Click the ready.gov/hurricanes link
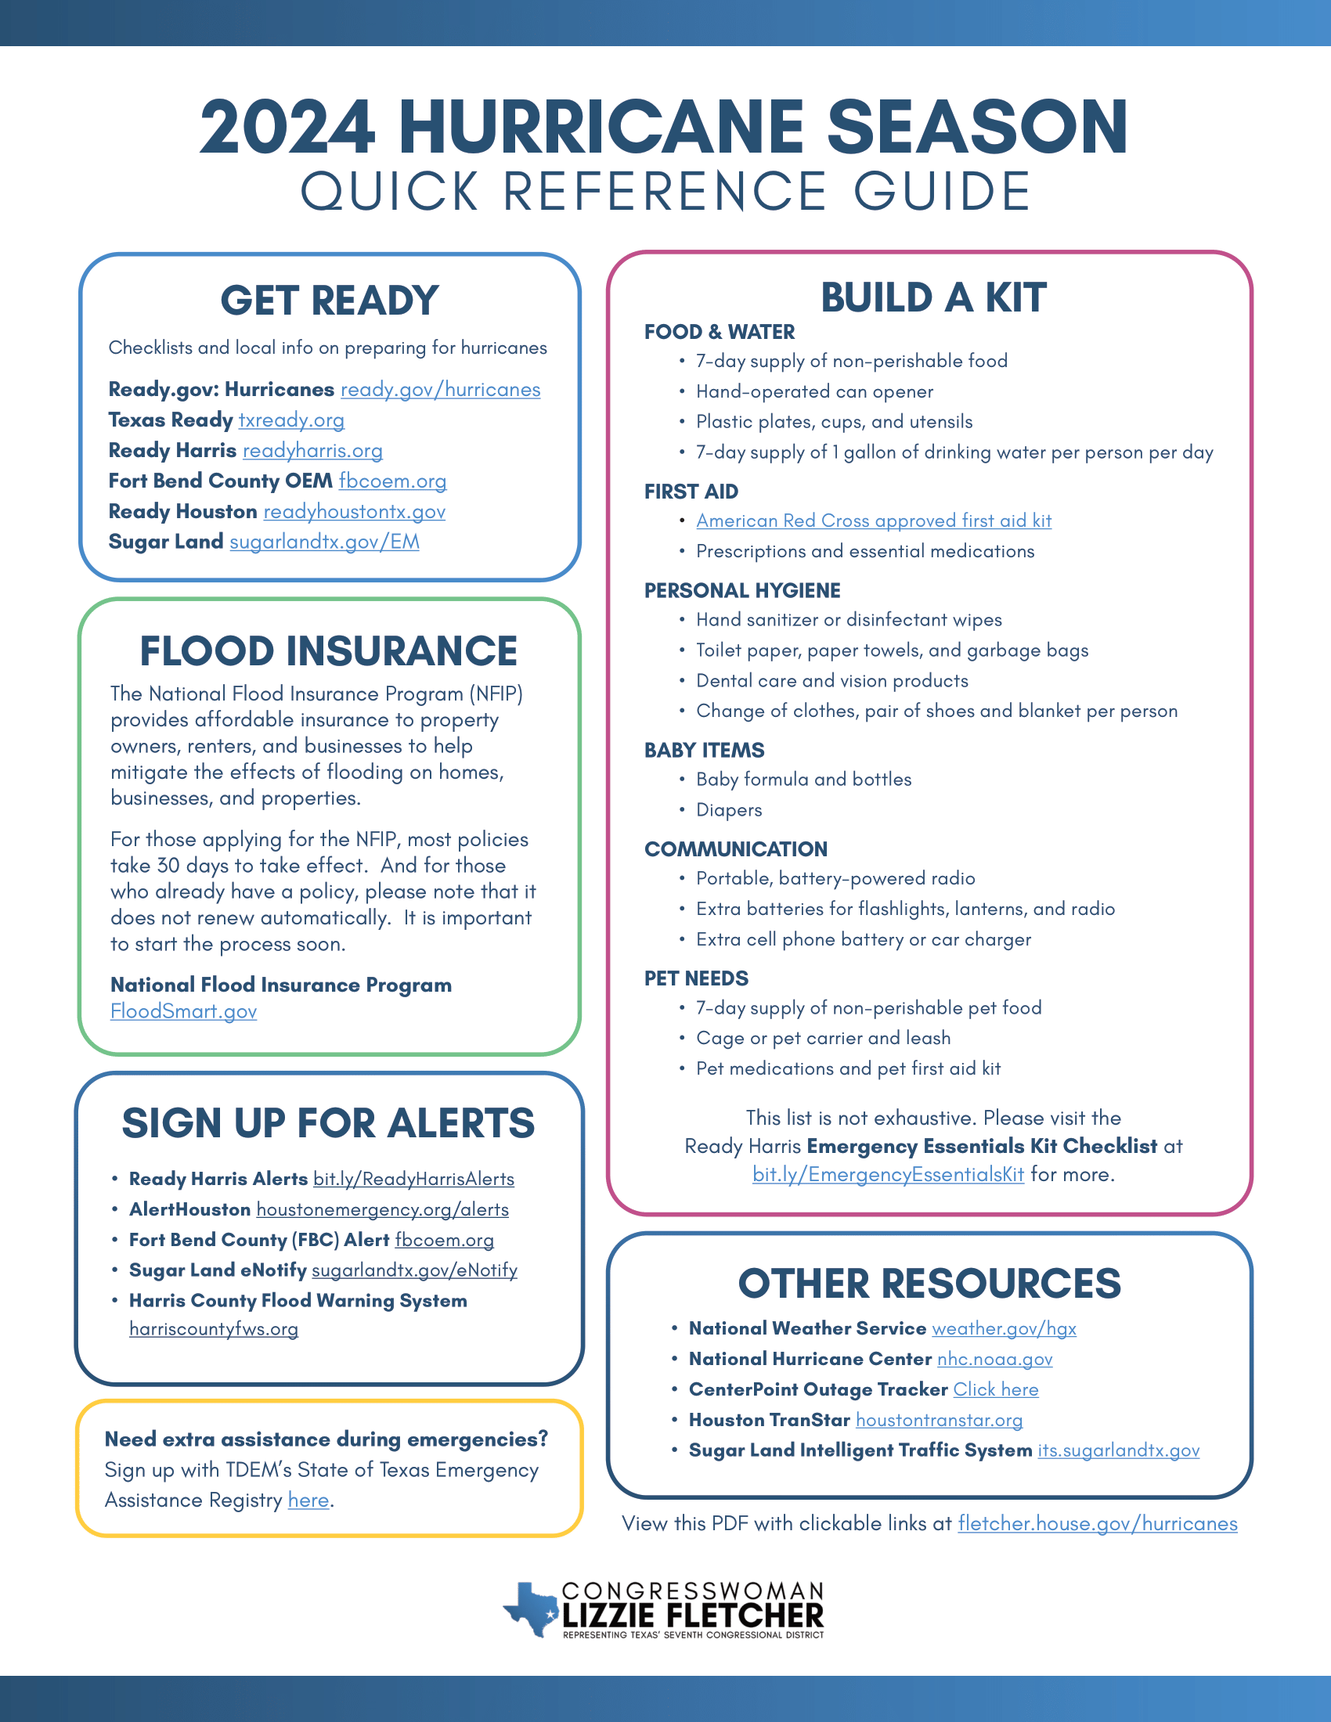pos(440,390)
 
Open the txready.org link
pos(291,420)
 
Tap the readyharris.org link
pos(312,451)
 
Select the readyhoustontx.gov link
pos(354,512)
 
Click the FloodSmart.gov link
pos(184,1011)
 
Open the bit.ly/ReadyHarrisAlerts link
pos(413,1180)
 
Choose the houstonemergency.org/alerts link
pos(382,1210)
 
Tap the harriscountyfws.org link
pos(214,1329)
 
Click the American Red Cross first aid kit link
pos(874,521)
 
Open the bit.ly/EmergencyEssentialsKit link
pos(888,1175)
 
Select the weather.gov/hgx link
pos(1004,1328)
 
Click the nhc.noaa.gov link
pos(994,1360)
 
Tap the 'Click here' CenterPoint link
pos(996,1390)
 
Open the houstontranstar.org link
pos(939,1421)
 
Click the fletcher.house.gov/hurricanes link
pos(1097,1524)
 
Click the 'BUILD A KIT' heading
pos(933,298)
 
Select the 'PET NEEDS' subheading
pos(696,978)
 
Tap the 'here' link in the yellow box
pos(308,1500)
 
